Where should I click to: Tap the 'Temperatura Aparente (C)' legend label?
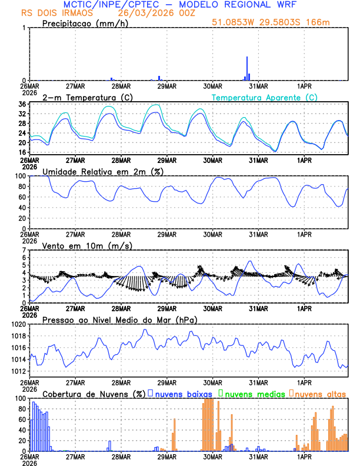pyautogui.click(x=265, y=97)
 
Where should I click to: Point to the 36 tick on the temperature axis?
pyautogui.click(x=22, y=105)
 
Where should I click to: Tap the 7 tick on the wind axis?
pyautogui.click(x=24, y=250)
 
